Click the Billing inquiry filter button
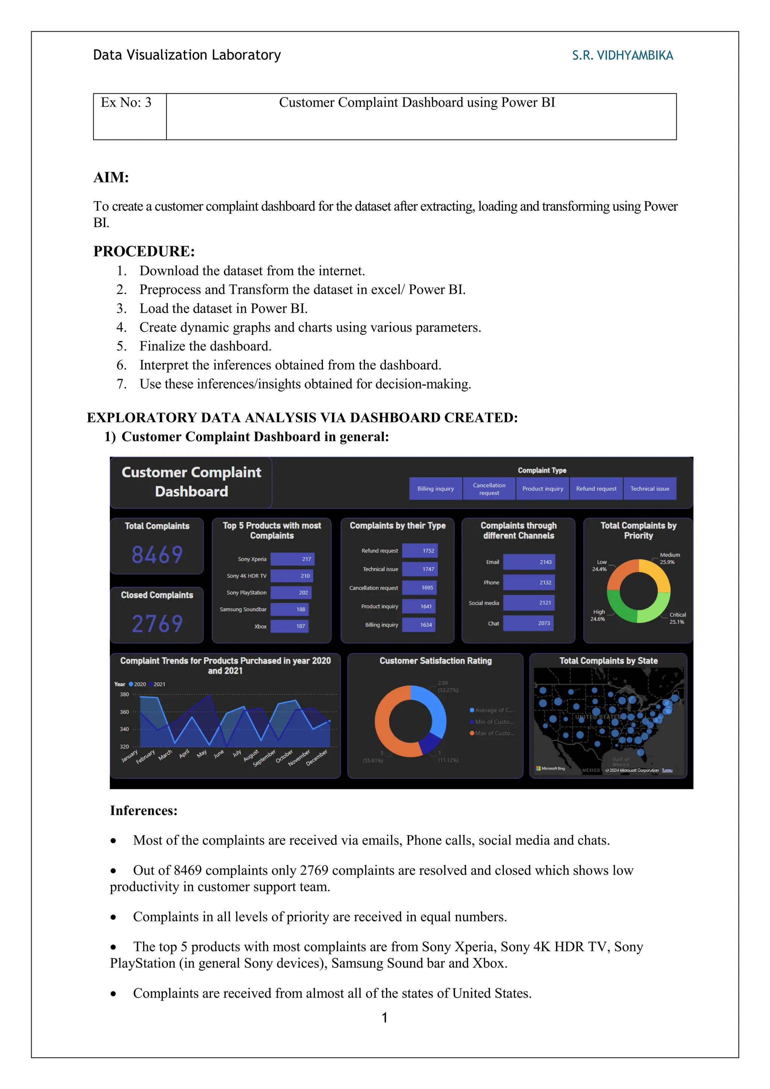click(x=435, y=488)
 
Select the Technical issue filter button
click(x=650, y=488)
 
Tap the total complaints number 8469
click(x=157, y=554)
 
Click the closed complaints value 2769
click(x=157, y=624)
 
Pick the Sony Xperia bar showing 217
click(x=292, y=559)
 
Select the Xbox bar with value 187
click(x=289, y=626)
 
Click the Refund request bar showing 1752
click(x=420, y=551)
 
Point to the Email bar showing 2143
click(x=529, y=562)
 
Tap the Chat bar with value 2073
click(x=528, y=623)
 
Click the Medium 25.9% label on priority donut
click(x=669, y=558)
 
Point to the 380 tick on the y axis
click(x=124, y=695)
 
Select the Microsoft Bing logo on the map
click(x=550, y=768)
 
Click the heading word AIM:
click(x=111, y=177)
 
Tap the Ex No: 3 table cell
click(x=126, y=103)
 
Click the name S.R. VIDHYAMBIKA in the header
click(x=622, y=56)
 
